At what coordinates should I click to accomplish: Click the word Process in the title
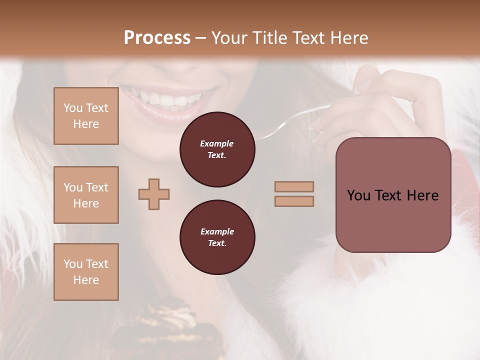pos(157,38)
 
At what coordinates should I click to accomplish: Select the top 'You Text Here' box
pos(86,116)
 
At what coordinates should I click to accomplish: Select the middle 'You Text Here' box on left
pos(86,195)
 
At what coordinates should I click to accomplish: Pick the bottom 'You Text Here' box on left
pos(86,272)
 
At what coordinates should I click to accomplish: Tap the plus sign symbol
pos(154,194)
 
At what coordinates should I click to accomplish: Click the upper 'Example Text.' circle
pos(217,149)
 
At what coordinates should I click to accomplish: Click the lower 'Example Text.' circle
pos(217,237)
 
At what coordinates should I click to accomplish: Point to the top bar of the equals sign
pos(294,186)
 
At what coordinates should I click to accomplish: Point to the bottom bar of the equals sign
pos(294,201)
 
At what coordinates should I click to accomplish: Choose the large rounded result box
pos(393,195)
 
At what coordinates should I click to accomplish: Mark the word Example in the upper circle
pos(217,143)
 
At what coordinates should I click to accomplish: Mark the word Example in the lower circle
pos(217,231)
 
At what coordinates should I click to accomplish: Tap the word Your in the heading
pos(227,38)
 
